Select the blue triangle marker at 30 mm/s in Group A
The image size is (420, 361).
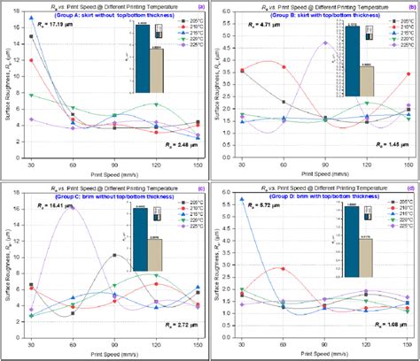tap(32, 18)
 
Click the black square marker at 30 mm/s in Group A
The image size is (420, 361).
tap(32, 37)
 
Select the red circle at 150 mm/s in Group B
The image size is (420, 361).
tap(408, 74)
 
